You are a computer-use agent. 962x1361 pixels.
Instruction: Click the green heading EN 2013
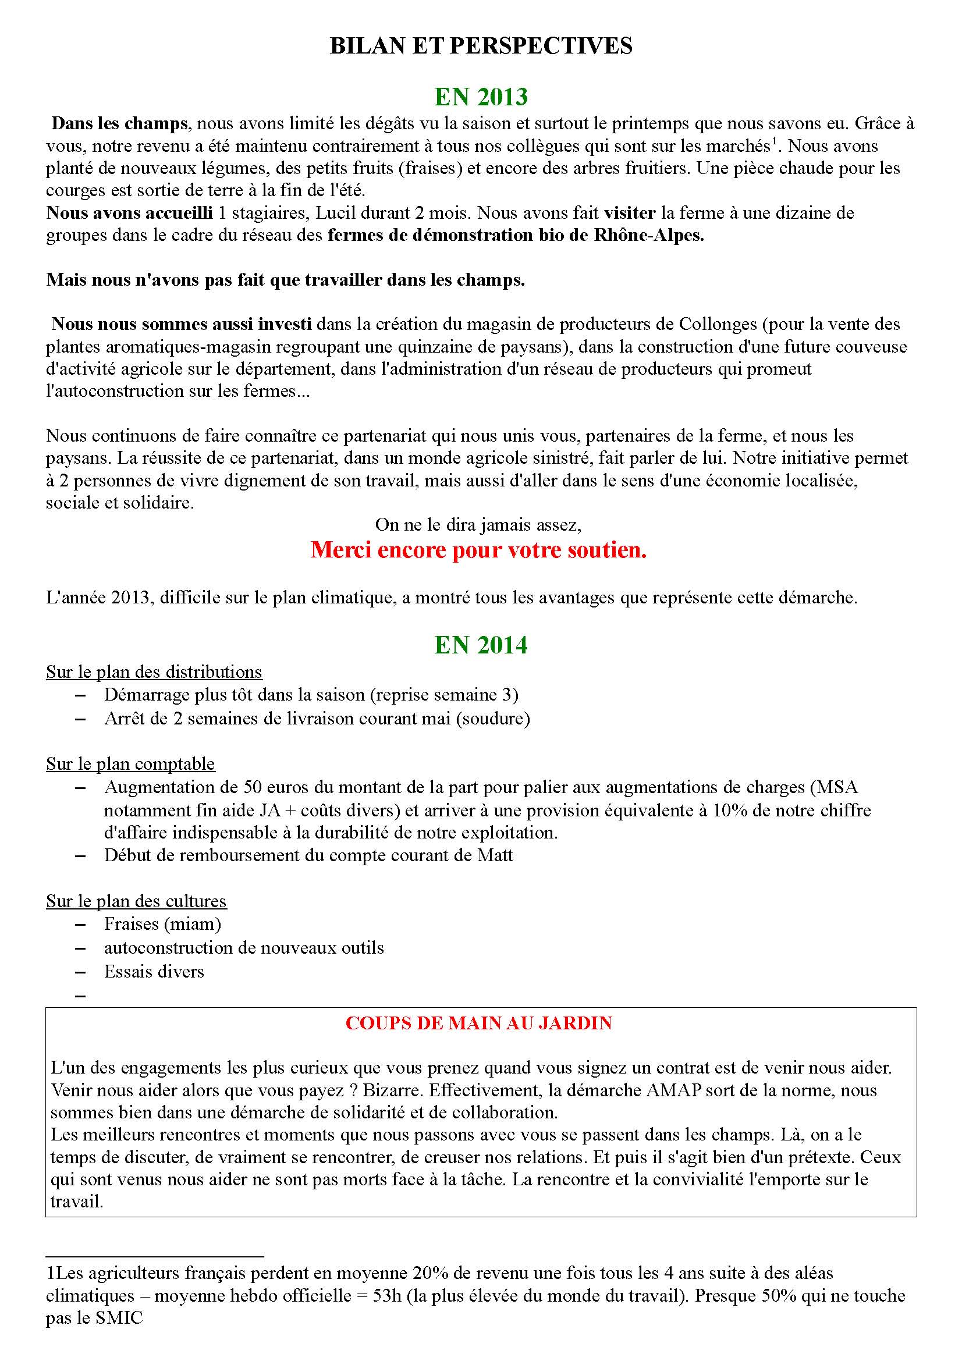(x=481, y=97)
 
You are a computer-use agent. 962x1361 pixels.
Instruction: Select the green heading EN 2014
(x=481, y=645)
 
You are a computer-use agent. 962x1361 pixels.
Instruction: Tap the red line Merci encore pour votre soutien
(x=478, y=550)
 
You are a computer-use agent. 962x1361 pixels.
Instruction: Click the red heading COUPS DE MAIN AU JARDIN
(x=478, y=1024)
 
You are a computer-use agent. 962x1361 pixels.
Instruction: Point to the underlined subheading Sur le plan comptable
(x=130, y=764)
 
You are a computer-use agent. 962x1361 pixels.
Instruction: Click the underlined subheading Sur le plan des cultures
(x=136, y=901)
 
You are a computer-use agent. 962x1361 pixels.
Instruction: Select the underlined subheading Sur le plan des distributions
(x=154, y=672)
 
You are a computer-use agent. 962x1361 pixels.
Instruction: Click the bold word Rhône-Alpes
(x=649, y=235)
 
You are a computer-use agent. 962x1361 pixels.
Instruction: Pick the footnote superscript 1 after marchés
(x=773, y=141)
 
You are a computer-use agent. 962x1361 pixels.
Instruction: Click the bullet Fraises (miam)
(x=162, y=924)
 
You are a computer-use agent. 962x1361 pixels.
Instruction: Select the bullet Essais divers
(x=154, y=972)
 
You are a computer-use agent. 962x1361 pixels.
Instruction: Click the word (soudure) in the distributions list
(x=493, y=719)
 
